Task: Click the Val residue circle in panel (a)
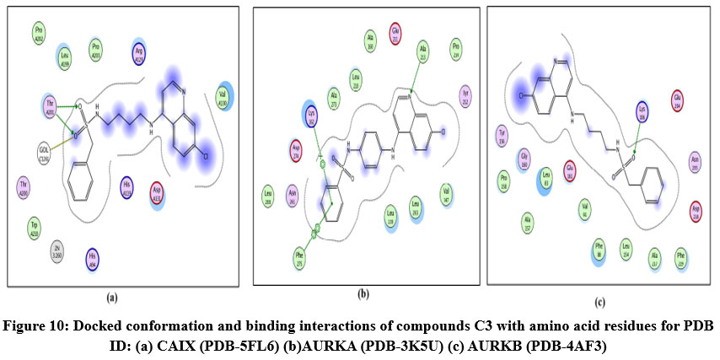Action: point(223,94)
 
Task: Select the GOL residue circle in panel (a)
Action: point(44,153)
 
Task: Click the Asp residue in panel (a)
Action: point(156,190)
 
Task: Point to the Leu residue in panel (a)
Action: point(65,56)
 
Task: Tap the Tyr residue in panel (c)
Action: point(502,136)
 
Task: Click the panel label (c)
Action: point(599,302)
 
